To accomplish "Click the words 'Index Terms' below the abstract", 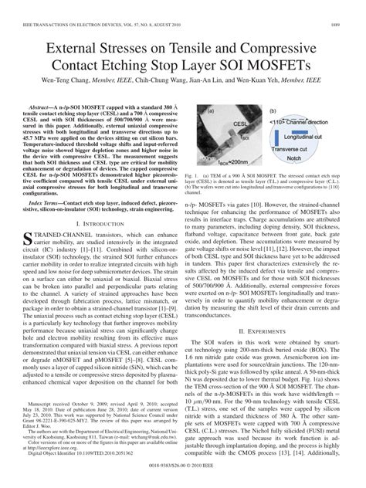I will click(x=46, y=202).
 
